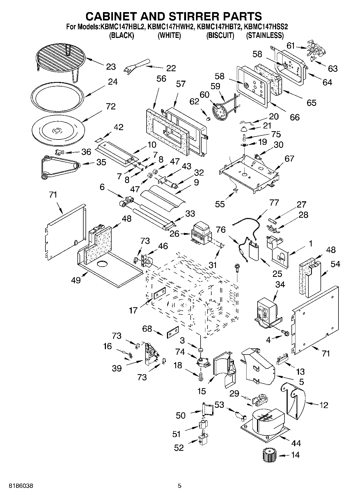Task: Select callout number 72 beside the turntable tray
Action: pyautogui.click(x=111, y=106)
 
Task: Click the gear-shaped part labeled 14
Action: pyautogui.click(x=269, y=455)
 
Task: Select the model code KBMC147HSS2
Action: pyautogui.click(x=266, y=27)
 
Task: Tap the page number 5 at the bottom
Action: pyautogui.click(x=180, y=486)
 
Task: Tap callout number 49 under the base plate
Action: pyautogui.click(x=76, y=280)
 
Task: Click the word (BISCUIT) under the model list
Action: pyautogui.click(x=220, y=35)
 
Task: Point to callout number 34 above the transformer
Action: pyautogui.click(x=280, y=284)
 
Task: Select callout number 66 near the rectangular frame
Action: pyautogui.click(x=295, y=117)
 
